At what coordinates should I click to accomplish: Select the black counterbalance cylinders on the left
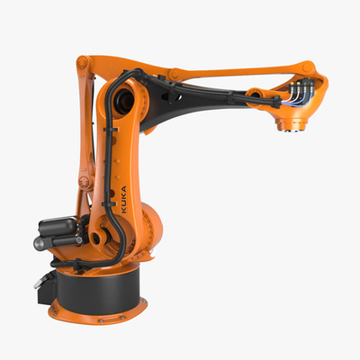[x=55, y=231]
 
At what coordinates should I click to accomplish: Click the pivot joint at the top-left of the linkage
[x=83, y=64]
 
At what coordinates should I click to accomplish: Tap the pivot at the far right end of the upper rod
[x=310, y=67]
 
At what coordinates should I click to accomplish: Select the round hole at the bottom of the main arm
[x=97, y=238]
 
